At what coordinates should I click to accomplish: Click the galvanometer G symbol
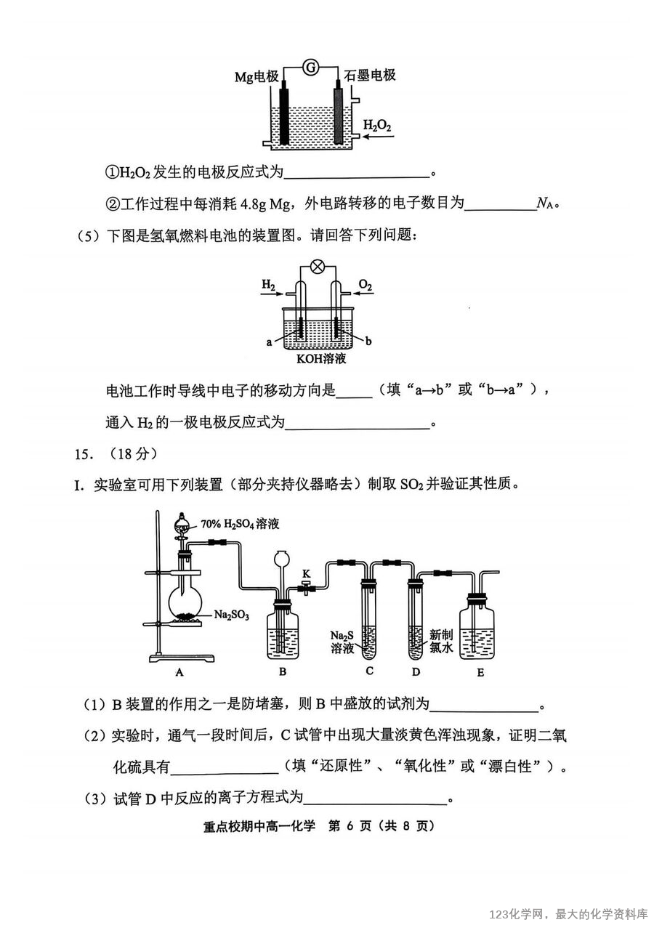pos(310,68)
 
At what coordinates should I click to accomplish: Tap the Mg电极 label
pos(257,76)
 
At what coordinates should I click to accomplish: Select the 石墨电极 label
pos(370,75)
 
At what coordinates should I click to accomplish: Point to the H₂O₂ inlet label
pos(376,125)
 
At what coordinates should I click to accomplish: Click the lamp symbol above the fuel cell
pos(318,267)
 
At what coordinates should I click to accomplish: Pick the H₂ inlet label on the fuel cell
pos(268,285)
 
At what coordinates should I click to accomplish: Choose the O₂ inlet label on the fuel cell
pos(366,285)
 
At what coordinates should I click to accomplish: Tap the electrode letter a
pos(269,342)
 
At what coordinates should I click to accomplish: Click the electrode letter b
pos(368,341)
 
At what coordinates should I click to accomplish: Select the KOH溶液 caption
pos(321,358)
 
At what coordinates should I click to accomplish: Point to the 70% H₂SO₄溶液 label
pos(240,524)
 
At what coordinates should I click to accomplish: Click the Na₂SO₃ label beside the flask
pos(232,615)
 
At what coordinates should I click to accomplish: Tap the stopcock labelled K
pos(306,586)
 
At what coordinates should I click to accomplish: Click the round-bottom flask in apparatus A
pos(185,603)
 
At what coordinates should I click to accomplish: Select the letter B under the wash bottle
pos(283,672)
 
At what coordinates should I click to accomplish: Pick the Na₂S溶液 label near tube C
pos(342,642)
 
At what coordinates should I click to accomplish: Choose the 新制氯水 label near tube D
pos(441,641)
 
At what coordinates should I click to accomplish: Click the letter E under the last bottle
pos(480,673)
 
